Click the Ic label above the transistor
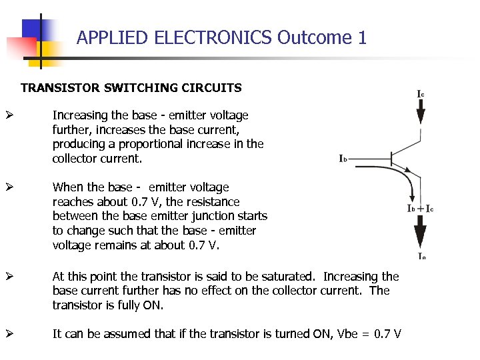coord(421,94)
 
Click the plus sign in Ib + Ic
coord(421,209)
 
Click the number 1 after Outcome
coord(362,37)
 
